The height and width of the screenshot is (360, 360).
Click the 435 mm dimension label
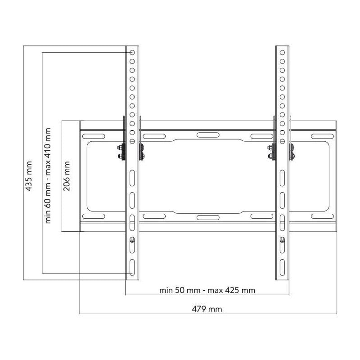[x=28, y=176]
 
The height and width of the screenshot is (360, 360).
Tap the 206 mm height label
[x=67, y=176]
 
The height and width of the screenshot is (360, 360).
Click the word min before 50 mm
[x=166, y=290]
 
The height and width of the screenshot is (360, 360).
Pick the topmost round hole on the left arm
[x=132, y=53]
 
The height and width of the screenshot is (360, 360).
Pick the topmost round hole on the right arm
[x=282, y=53]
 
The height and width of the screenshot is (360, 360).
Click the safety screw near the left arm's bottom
[x=132, y=240]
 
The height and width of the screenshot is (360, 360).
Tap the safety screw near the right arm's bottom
[x=282, y=240]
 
